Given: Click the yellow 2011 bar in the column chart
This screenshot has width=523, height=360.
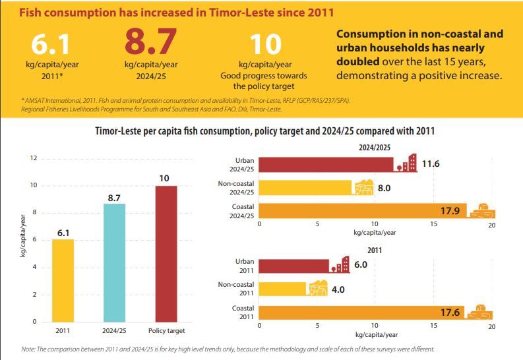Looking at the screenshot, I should [63, 280].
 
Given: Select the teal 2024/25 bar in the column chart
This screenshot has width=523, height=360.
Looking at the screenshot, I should [114, 262].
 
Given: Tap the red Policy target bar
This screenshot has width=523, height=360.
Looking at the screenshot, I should [167, 254].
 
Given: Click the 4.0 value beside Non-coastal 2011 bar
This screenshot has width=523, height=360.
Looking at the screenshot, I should [338, 289].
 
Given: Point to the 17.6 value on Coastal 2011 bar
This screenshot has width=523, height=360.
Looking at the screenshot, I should [450, 312].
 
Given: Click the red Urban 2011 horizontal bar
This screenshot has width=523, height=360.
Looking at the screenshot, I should [293, 266].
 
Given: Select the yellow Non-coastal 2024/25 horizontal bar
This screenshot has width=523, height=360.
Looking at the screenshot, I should [305, 188].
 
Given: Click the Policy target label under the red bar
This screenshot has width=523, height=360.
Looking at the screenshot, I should [166, 330].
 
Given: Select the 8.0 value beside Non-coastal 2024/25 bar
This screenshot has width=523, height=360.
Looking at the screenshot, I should [385, 188].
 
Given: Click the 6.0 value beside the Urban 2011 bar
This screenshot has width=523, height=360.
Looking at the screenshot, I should [360, 264].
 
